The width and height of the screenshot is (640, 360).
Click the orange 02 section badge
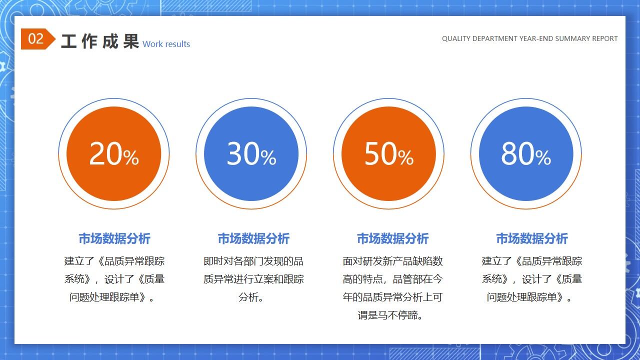pos(36,39)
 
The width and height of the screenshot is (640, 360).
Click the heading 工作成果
pos(99,41)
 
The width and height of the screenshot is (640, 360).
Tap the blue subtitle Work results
pos(166,44)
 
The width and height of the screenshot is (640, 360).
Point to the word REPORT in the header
pos(604,38)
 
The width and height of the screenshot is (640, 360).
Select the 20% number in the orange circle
pos(113,153)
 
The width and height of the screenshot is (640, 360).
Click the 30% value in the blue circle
pos(251,153)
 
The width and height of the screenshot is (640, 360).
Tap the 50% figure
pos(388,153)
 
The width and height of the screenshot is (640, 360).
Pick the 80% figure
pos(525,153)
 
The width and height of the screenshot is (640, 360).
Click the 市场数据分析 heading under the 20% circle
pos(114,238)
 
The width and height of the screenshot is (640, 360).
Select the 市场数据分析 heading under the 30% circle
pos(253,238)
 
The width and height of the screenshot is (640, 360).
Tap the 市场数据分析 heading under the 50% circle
pos(392,238)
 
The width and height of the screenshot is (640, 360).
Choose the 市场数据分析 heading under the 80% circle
pos(532,238)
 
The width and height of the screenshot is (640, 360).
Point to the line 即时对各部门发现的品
pos(253,261)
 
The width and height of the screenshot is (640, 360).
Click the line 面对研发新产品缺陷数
pos(392,261)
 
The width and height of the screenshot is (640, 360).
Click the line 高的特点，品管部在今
pos(392,279)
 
